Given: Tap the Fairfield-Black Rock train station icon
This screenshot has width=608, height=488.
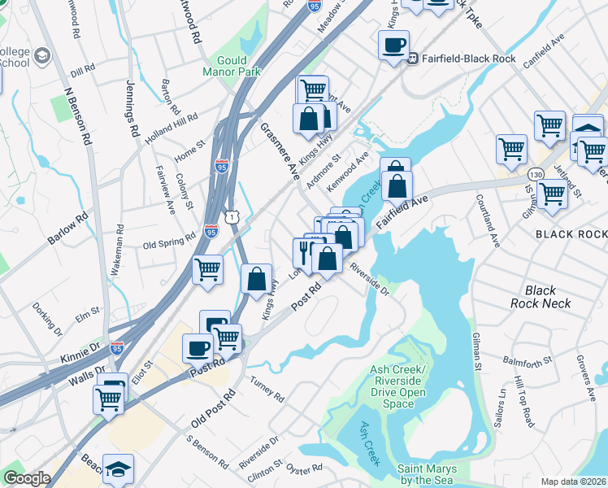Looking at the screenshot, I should (413, 58).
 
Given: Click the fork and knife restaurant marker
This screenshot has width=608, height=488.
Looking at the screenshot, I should (303, 252).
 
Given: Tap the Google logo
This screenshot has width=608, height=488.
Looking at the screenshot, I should (27, 478).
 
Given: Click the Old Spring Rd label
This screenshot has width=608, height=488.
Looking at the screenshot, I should (169, 243).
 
